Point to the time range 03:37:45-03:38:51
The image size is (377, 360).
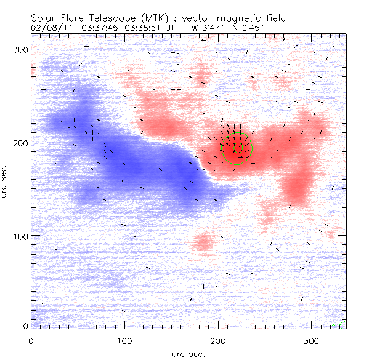click(x=123, y=27)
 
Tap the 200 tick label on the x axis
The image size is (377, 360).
click(x=218, y=340)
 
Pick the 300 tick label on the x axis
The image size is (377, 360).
click(x=311, y=340)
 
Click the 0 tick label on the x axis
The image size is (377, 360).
click(x=31, y=340)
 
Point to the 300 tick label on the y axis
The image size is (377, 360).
click(x=22, y=49)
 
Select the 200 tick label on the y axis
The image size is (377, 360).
click(x=22, y=142)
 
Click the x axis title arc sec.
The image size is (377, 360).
click(x=188, y=353)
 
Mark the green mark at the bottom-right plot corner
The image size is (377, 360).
click(x=343, y=322)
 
